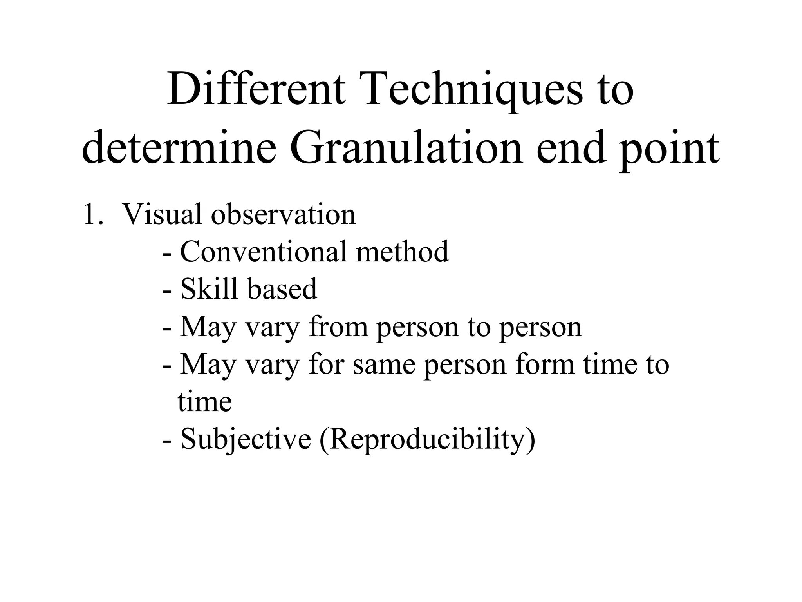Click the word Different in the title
coord(256,90)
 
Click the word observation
coord(284,214)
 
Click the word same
coord(384,364)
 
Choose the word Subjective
coord(246,439)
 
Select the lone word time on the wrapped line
coord(204,401)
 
